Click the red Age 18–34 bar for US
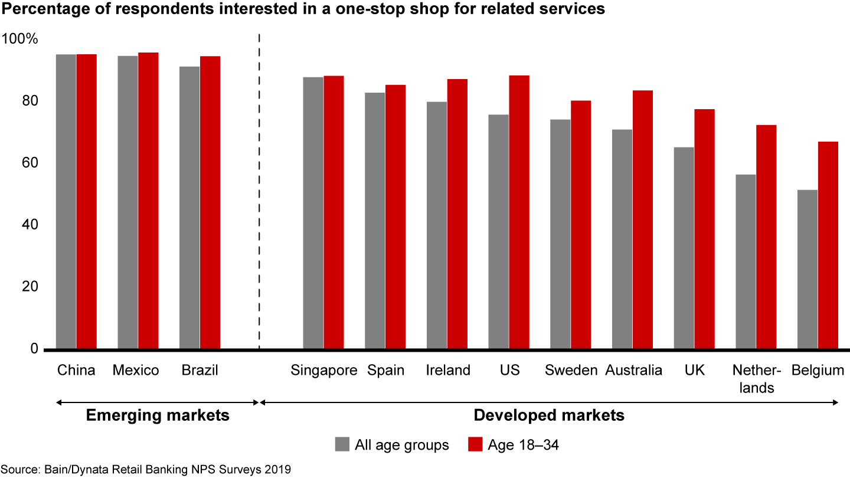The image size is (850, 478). click(x=519, y=212)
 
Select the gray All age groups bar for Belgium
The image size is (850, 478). click(x=807, y=269)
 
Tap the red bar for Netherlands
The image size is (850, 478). click(x=766, y=237)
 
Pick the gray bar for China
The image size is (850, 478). click(x=66, y=201)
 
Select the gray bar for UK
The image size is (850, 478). click(x=684, y=248)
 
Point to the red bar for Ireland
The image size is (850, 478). click(x=457, y=214)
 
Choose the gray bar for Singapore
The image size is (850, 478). click(x=313, y=212)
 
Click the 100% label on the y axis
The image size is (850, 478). click(x=20, y=40)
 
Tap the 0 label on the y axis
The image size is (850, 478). click(x=34, y=349)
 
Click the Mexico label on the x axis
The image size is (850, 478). click(x=136, y=371)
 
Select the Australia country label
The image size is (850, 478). click(x=633, y=371)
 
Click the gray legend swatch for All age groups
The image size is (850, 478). click(x=341, y=444)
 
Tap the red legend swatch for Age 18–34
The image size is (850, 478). click(x=475, y=444)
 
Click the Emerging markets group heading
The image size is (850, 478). click(x=158, y=415)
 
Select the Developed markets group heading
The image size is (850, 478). click(x=549, y=415)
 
